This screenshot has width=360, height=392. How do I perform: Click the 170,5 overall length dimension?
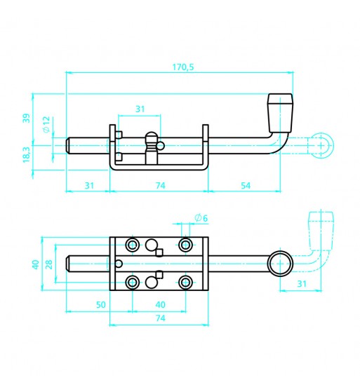click(183, 67)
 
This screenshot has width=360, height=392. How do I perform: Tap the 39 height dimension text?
click(26, 118)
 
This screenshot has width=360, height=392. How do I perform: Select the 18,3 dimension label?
click(26, 154)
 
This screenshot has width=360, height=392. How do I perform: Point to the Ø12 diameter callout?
click(46, 124)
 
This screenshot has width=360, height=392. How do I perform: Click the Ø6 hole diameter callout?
click(201, 218)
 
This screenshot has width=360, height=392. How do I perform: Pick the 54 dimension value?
click(246, 186)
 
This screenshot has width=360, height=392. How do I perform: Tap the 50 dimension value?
click(101, 305)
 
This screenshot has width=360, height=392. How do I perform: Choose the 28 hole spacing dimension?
click(49, 264)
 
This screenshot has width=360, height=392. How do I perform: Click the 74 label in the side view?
click(161, 186)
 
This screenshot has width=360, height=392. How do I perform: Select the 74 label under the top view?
click(161, 318)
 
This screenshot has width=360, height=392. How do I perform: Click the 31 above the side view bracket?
click(140, 109)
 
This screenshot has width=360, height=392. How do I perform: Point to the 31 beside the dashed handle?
click(302, 284)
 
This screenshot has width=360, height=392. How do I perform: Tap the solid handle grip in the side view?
click(280, 113)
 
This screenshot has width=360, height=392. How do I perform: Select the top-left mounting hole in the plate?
click(133, 245)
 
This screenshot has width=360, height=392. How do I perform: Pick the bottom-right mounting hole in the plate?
click(185, 283)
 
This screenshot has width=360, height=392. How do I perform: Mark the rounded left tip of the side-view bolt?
click(67, 145)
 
